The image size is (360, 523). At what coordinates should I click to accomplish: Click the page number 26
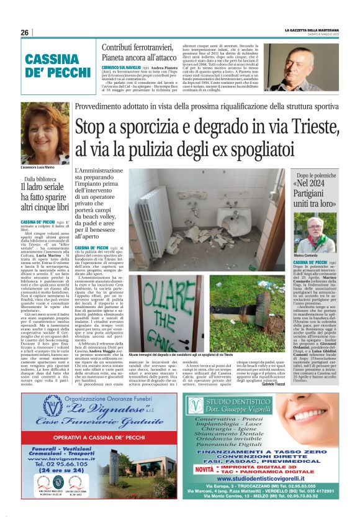pos(24,32)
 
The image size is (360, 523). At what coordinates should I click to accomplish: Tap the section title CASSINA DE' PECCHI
pos(53,66)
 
